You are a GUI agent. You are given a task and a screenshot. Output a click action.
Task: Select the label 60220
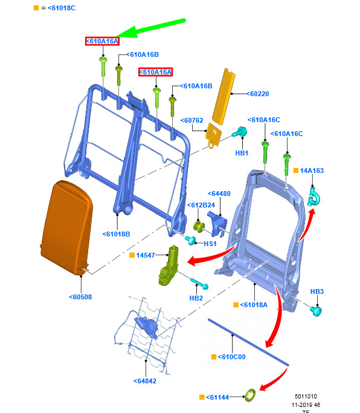click(x=258, y=94)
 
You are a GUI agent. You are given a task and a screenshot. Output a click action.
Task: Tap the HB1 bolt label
click(x=242, y=153)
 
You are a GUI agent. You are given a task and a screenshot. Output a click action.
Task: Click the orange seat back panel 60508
click(x=66, y=228)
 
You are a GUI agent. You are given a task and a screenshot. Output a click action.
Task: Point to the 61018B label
click(x=116, y=234)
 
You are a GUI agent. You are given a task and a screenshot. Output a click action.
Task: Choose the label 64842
click(x=145, y=381)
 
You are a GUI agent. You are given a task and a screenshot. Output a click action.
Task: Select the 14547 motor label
click(x=146, y=255)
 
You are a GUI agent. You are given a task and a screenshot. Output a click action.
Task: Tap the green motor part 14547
click(x=169, y=265)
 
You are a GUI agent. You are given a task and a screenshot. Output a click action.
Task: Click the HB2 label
click(x=196, y=298)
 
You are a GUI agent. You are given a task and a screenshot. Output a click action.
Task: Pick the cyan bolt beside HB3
click(x=316, y=311)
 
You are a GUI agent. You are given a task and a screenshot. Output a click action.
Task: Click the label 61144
click(x=217, y=397)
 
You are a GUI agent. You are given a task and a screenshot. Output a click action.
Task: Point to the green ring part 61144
click(x=250, y=395)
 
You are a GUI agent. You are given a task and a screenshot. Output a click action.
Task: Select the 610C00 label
click(x=231, y=357)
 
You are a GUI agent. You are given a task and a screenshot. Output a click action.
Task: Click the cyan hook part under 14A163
click(x=313, y=197)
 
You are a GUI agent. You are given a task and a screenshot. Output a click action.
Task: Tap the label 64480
click(x=219, y=193)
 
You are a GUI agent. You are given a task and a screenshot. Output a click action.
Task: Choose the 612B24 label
click(x=201, y=205)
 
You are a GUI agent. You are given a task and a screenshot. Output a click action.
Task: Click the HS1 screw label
click(x=210, y=244)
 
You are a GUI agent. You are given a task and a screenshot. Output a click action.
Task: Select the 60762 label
click(x=191, y=120)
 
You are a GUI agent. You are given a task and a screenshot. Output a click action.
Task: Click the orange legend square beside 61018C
click(x=36, y=8)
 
